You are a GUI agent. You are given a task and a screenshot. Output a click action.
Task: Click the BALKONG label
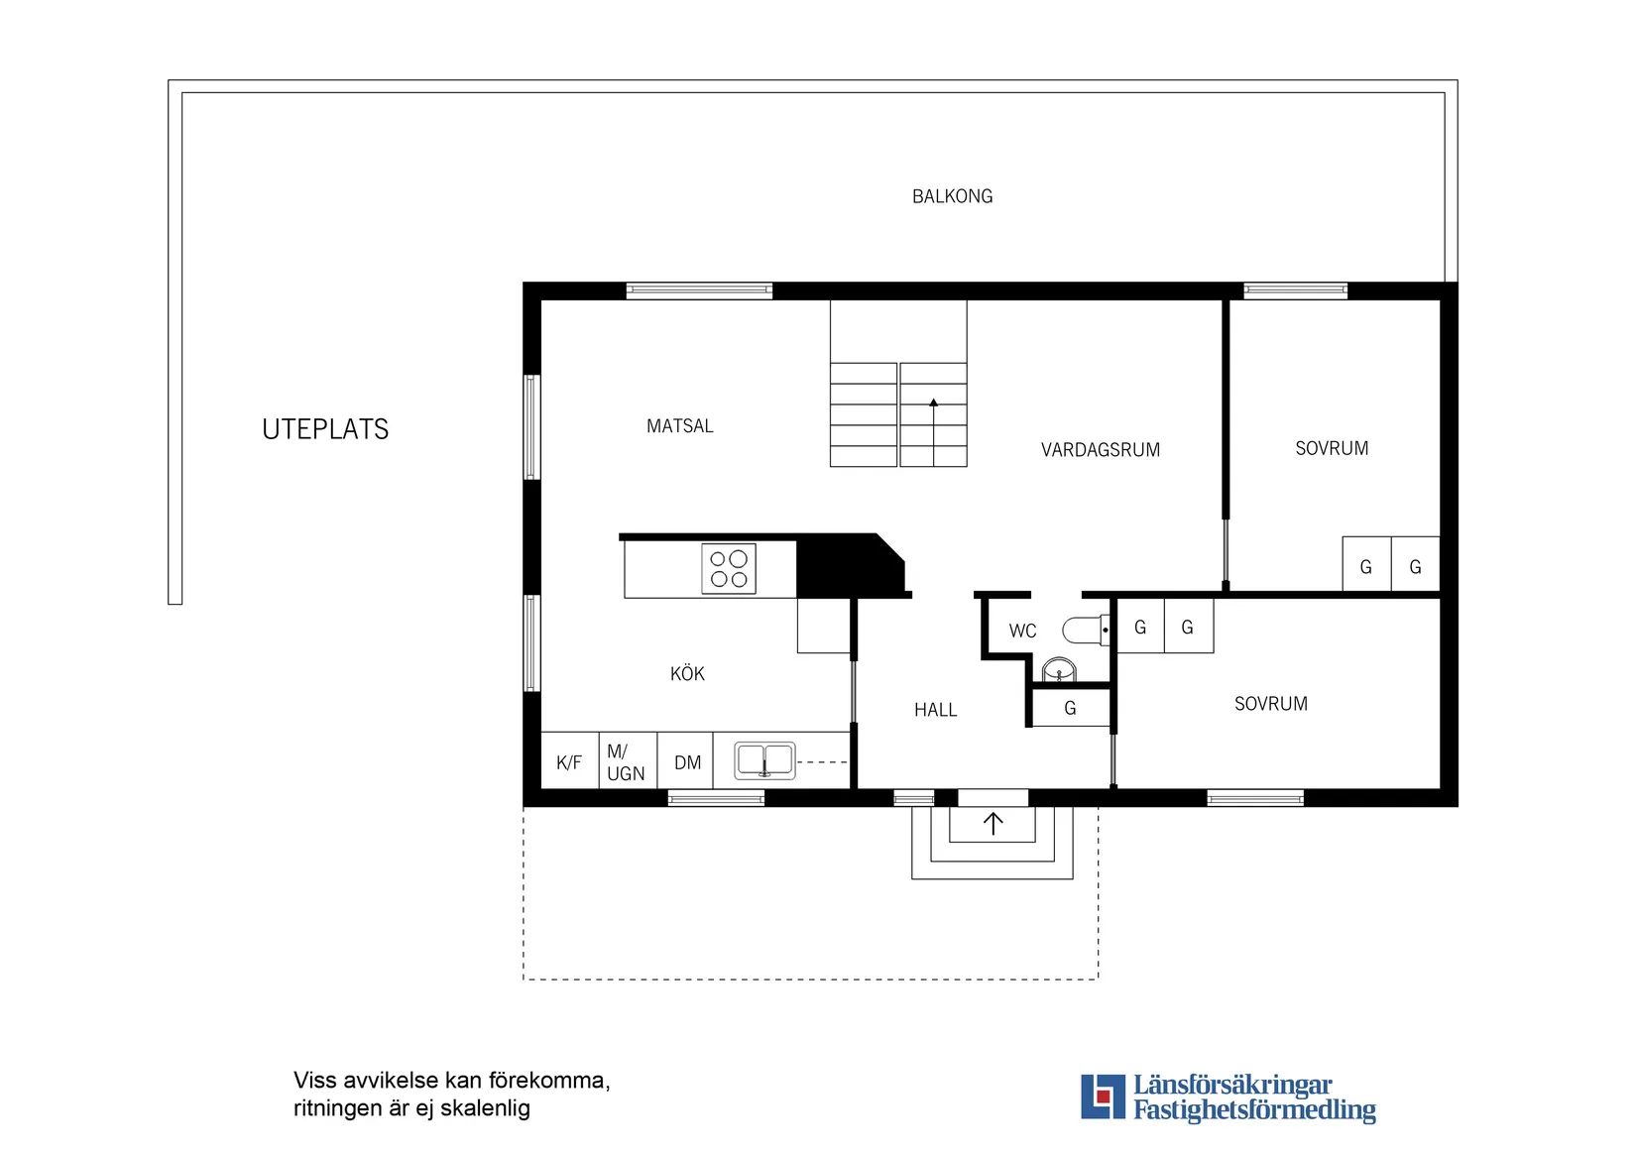(x=952, y=196)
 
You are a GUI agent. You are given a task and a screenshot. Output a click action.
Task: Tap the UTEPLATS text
(x=325, y=429)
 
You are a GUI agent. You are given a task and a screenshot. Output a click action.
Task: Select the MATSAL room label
(x=679, y=426)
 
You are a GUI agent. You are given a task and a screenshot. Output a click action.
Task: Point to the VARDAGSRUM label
(x=1100, y=450)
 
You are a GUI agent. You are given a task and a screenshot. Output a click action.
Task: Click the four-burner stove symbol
(x=729, y=569)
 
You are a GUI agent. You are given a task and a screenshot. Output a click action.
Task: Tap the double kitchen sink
(x=764, y=760)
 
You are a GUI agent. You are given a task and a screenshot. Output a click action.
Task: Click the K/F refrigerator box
(x=569, y=762)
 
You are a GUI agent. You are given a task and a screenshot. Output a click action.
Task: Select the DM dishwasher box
(x=687, y=762)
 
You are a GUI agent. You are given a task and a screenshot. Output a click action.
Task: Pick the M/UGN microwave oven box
(x=627, y=762)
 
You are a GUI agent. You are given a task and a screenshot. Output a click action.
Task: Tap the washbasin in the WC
(x=1059, y=671)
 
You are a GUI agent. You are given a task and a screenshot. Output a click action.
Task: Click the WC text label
(x=1022, y=631)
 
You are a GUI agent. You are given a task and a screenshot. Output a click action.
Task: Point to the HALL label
(x=935, y=710)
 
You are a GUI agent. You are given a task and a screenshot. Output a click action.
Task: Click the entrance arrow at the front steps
(x=993, y=823)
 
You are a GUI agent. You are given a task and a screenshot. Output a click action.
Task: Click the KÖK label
(x=687, y=674)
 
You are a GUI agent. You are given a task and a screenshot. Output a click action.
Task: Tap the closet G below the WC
(x=1070, y=708)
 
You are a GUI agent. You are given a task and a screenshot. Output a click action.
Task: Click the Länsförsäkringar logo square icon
(x=1103, y=1097)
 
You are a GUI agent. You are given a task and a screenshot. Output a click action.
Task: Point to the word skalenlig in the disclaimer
(x=485, y=1108)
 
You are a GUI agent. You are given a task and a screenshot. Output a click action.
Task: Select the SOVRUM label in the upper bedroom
(x=1331, y=449)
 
